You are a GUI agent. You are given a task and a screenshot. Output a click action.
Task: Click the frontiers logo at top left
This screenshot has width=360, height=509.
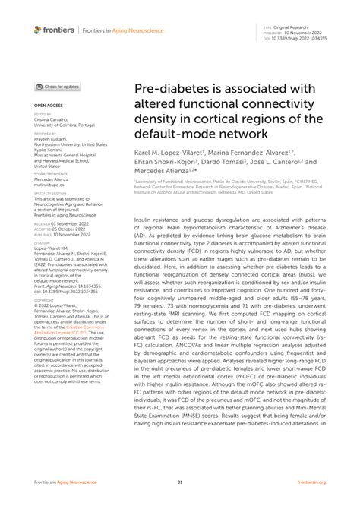point(54,30)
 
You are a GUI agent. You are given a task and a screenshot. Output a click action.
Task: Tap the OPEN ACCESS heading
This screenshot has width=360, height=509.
point(48,106)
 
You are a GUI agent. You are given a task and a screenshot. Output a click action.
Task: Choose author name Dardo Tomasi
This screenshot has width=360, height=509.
point(223,163)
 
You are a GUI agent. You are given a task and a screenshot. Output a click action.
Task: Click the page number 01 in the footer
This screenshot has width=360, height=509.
point(180,482)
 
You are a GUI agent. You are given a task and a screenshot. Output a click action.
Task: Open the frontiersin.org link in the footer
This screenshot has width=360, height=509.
point(311,482)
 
